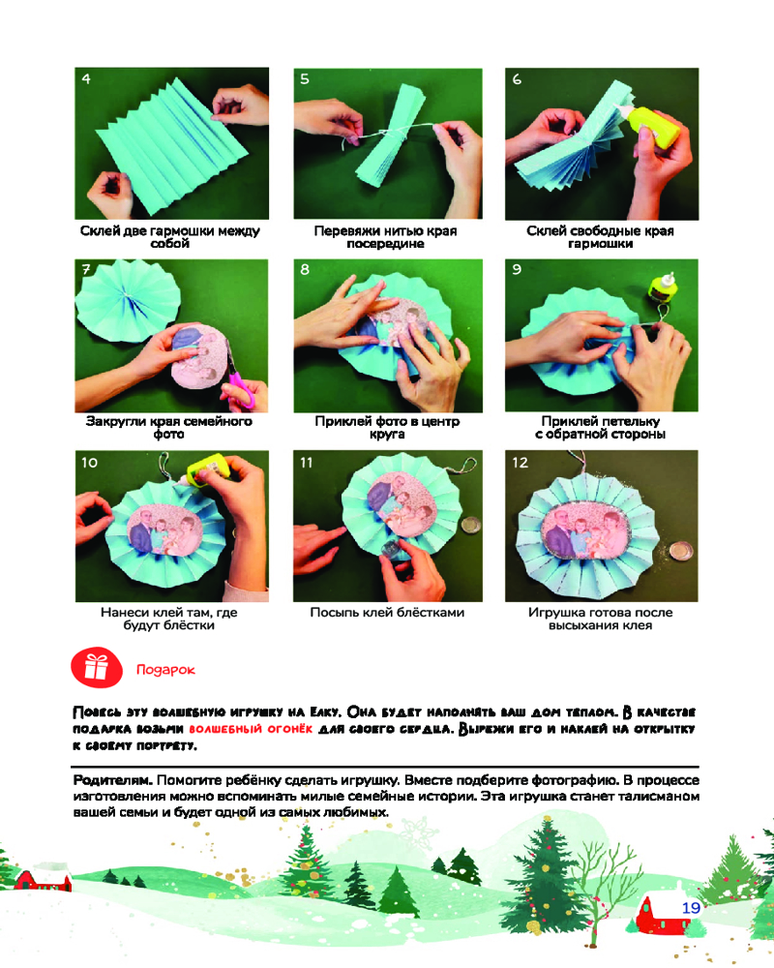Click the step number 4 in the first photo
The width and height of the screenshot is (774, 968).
[x=86, y=79]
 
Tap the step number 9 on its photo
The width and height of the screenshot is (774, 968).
[x=517, y=269]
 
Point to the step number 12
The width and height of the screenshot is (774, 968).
[x=521, y=463]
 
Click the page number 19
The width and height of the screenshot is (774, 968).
[x=692, y=908]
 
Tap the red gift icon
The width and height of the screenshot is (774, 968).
[x=97, y=667]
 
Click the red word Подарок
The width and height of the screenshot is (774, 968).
[x=165, y=670]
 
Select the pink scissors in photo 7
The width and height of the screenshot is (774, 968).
[x=240, y=386]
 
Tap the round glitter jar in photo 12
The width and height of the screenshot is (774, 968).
[x=680, y=551]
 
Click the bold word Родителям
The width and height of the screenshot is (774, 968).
[x=113, y=779]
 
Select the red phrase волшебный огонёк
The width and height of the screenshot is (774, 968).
[x=251, y=729]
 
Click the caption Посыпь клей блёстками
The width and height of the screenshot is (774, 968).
[x=387, y=613]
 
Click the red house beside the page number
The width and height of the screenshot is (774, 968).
[x=665, y=914]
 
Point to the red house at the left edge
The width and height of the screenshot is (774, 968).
[x=44, y=879]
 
